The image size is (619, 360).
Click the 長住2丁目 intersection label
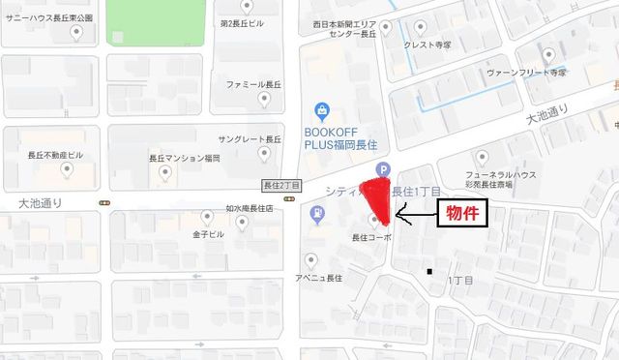pyautogui.click(x=282, y=185)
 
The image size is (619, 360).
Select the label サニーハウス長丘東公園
pyautogui.click(x=48, y=18)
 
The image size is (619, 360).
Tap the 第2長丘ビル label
pyautogui.click(x=242, y=22)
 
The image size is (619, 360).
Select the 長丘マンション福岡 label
pyautogui.click(x=184, y=158)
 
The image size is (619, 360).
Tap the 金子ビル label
pyautogui.click(x=208, y=234)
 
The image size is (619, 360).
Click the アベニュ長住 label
pyautogui.click(x=319, y=278)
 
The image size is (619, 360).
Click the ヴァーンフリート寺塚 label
pyautogui.click(x=526, y=72)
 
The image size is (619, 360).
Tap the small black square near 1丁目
pyautogui.click(x=431, y=271)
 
